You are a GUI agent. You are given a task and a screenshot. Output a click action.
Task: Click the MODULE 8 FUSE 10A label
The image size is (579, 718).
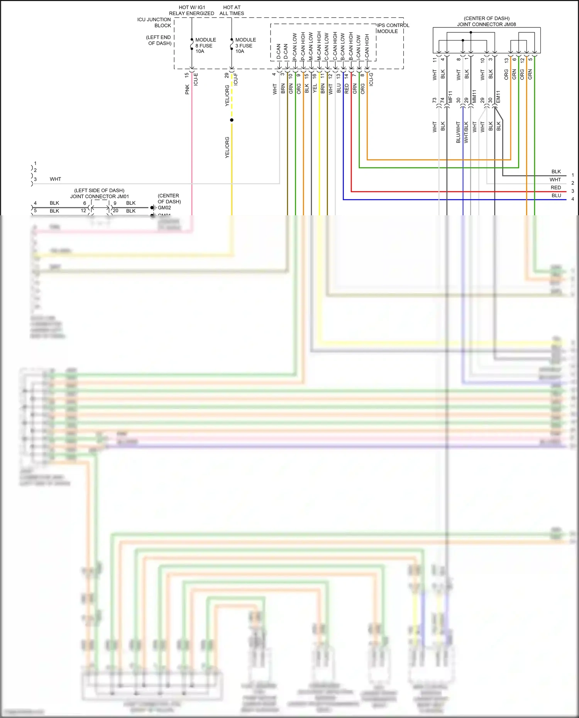point(205,46)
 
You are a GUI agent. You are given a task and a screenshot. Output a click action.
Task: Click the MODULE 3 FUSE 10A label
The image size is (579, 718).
point(245,46)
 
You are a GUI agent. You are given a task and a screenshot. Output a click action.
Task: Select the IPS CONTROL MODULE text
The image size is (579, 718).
point(393,28)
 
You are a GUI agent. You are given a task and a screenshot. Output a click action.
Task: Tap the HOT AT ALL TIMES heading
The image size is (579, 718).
point(232,10)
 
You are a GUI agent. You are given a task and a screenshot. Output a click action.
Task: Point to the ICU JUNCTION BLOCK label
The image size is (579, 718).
point(154,22)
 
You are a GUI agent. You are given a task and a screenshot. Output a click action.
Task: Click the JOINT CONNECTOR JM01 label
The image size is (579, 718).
point(100,196)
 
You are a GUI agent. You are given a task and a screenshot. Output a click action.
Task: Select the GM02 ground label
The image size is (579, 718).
point(164,208)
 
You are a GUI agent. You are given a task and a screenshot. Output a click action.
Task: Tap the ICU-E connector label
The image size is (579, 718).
point(196,79)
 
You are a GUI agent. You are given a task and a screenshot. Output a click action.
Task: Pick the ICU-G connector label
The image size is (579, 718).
point(371,79)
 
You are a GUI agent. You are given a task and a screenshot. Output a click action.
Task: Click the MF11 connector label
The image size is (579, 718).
point(450,97)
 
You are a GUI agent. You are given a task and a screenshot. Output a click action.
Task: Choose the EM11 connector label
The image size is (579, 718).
point(498,97)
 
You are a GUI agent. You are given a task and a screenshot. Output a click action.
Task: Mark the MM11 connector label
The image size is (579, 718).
point(474,96)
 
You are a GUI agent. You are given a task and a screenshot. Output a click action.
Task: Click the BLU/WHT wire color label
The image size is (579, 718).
point(458,132)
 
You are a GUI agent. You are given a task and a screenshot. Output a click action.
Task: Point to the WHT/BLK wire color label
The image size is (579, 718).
point(466,132)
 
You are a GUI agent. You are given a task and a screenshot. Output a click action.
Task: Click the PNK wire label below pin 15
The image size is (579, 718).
point(187,90)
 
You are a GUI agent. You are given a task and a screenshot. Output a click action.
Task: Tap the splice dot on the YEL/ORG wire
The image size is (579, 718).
point(232,120)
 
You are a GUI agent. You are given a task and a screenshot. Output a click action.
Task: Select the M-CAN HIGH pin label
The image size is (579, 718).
point(319,46)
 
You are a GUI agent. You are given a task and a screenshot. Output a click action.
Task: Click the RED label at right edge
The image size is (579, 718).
point(555,188)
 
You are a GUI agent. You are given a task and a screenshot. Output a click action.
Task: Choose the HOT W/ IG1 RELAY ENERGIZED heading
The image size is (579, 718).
point(191,10)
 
